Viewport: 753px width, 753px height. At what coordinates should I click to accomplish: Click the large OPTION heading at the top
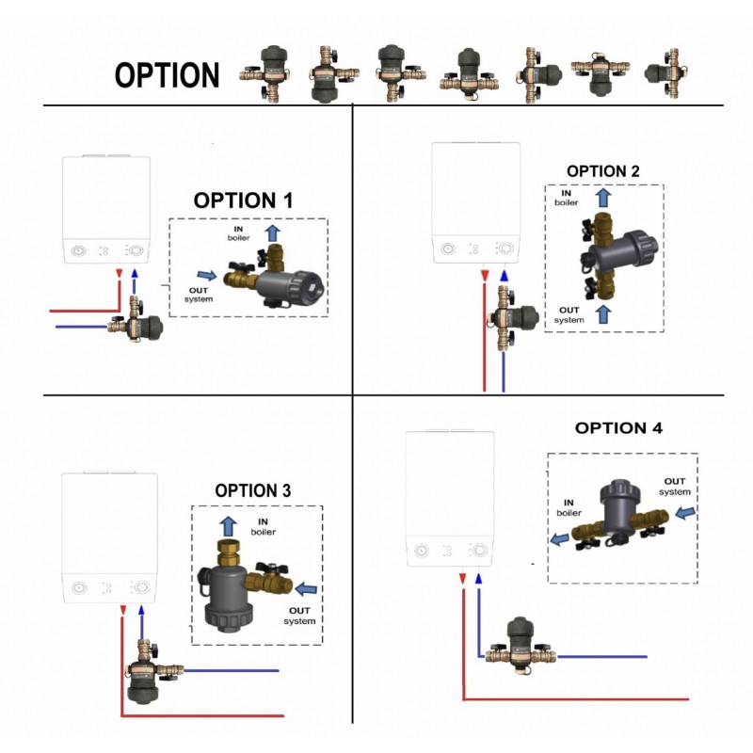click(x=167, y=75)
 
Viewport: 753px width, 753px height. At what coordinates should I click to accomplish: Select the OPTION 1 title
click(x=243, y=200)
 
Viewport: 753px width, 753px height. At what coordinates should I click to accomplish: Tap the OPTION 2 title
click(x=603, y=171)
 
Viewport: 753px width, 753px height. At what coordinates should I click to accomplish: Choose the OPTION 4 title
click(x=618, y=427)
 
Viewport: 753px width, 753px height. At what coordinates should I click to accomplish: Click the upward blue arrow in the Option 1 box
click(x=273, y=232)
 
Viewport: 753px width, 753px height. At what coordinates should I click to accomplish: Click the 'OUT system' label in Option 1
click(x=199, y=294)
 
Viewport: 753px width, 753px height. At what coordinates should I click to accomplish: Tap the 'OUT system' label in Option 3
click(x=298, y=616)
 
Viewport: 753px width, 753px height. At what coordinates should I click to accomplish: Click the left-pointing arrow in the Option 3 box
click(x=306, y=589)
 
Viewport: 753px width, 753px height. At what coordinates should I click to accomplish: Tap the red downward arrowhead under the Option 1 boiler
click(x=119, y=274)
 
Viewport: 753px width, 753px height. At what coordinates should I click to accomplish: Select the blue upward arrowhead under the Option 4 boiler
click(x=478, y=580)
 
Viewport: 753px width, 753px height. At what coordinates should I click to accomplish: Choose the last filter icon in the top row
click(x=664, y=69)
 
